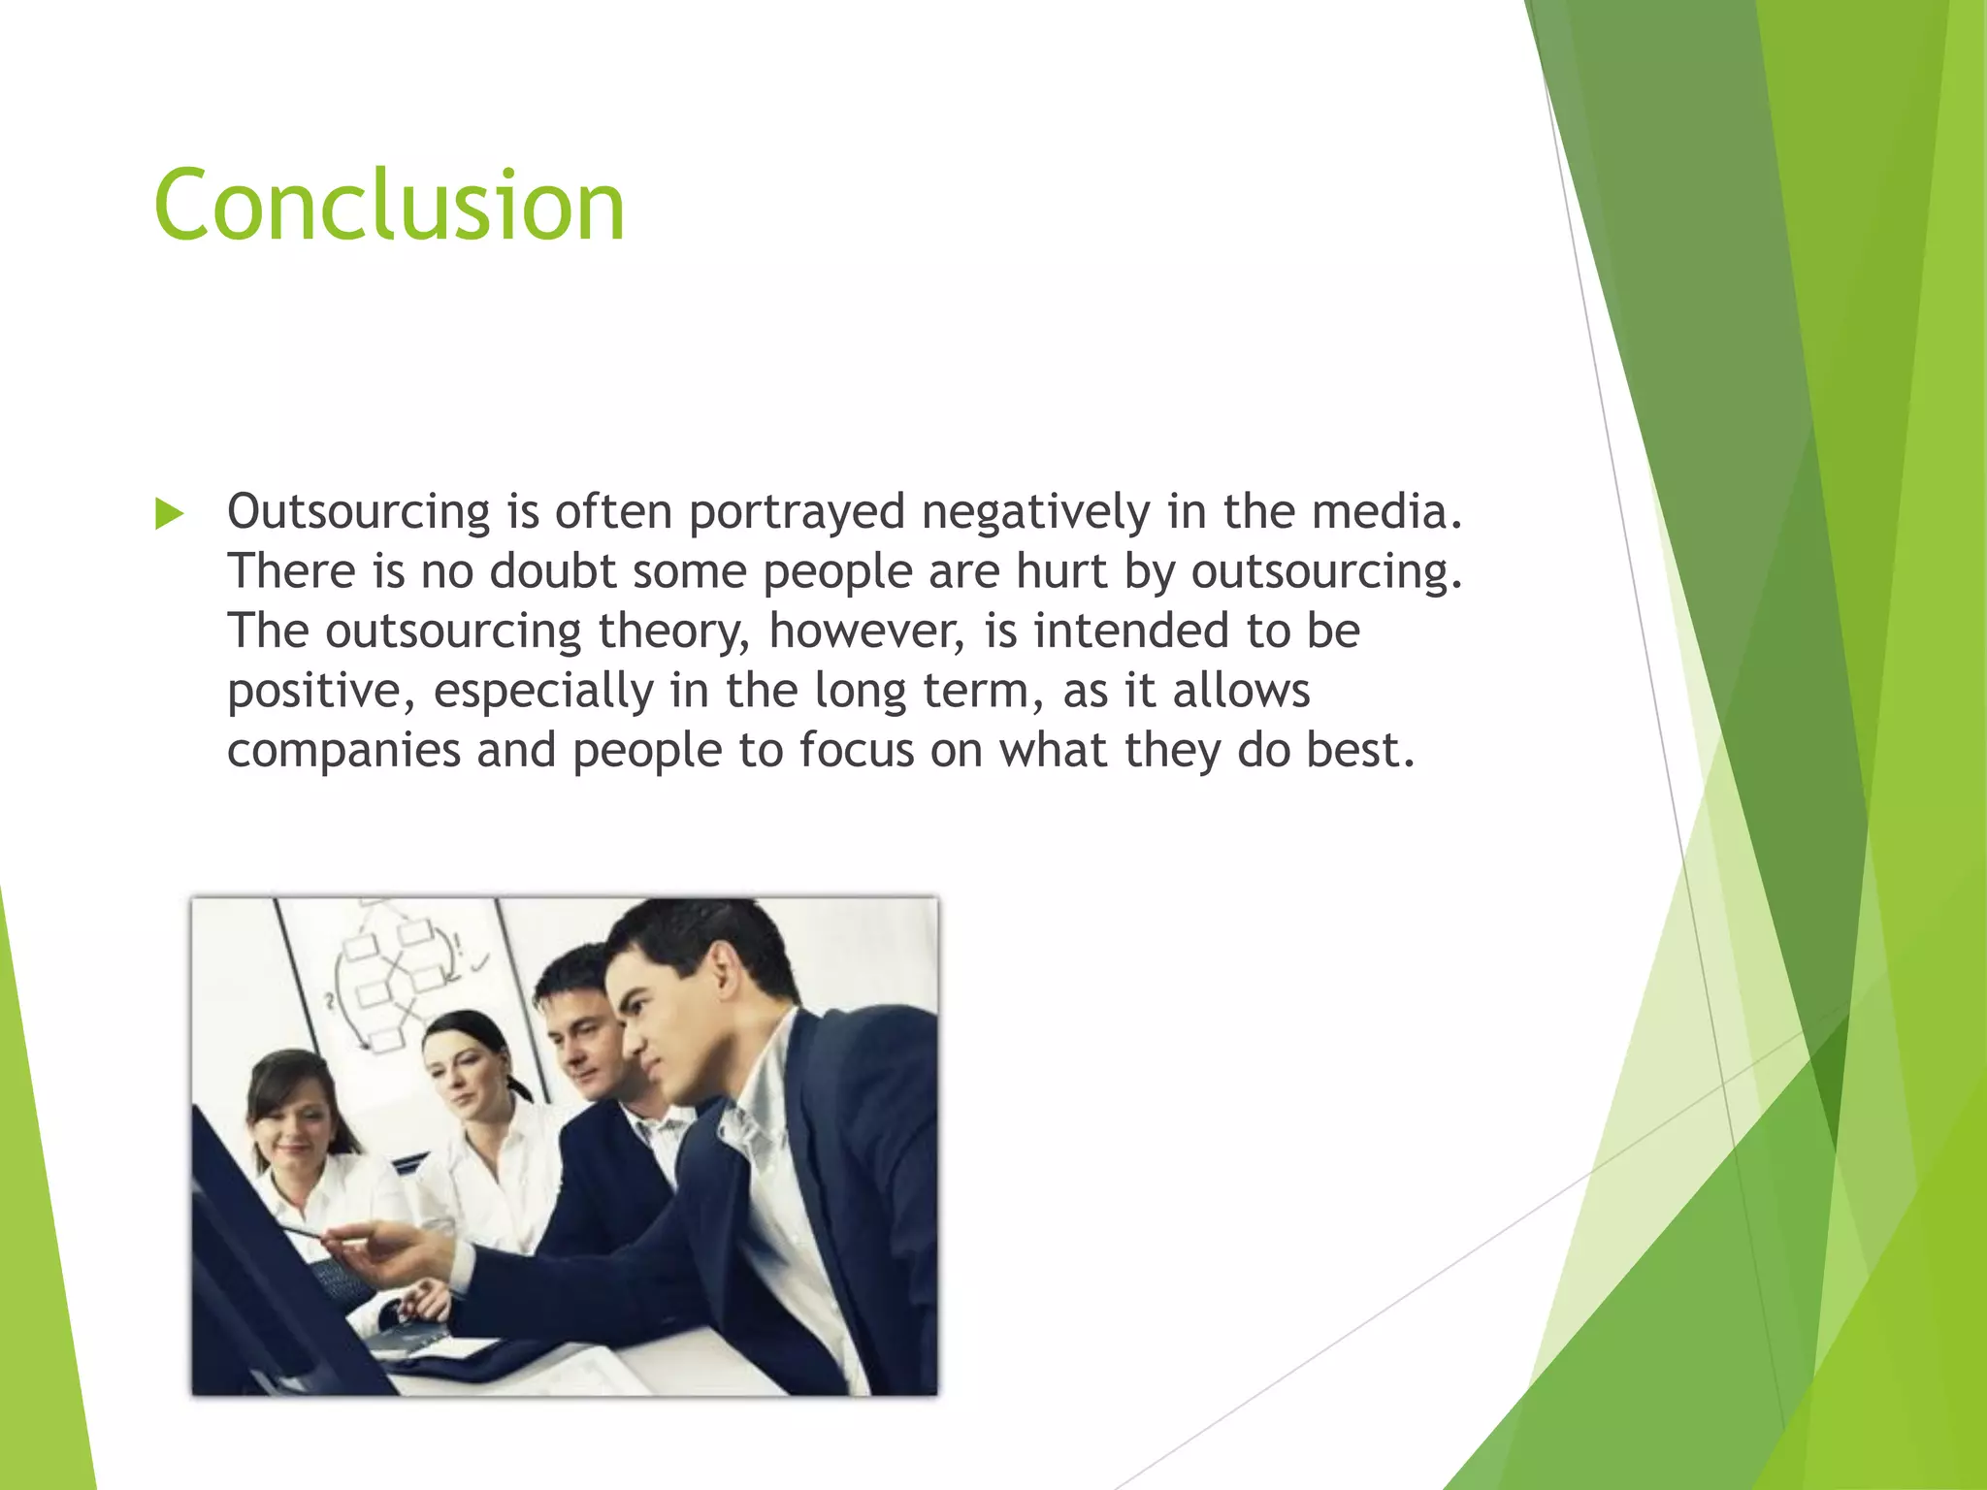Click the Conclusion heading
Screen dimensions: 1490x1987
click(x=389, y=206)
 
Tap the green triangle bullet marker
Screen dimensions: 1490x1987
click(x=169, y=514)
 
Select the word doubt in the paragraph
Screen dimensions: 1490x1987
click(x=552, y=571)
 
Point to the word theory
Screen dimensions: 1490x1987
click(x=673, y=632)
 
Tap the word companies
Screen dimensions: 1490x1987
click(x=342, y=751)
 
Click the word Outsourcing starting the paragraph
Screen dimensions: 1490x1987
click(x=358, y=511)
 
